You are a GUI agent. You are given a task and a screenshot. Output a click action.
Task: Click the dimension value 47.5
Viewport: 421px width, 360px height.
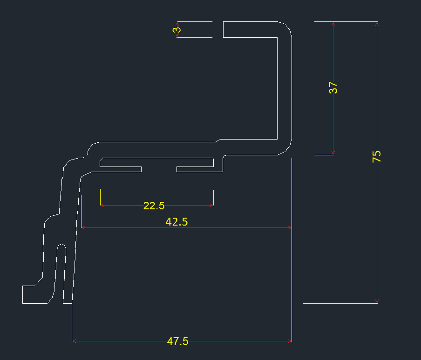(x=177, y=341)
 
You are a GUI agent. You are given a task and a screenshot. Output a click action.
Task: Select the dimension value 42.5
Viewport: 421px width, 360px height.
(x=177, y=222)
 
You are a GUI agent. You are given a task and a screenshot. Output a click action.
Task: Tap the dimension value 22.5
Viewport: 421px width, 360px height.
(x=154, y=206)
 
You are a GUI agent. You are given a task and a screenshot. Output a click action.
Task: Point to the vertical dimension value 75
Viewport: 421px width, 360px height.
(x=377, y=156)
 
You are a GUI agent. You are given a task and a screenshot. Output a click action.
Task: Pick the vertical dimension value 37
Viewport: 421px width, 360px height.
(x=333, y=88)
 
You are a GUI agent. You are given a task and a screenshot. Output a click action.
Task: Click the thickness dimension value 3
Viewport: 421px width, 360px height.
(x=177, y=30)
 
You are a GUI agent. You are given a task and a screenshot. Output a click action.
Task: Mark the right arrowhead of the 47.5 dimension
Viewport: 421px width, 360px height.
(x=290, y=341)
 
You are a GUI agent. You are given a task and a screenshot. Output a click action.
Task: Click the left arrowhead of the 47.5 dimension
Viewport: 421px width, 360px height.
(x=75, y=341)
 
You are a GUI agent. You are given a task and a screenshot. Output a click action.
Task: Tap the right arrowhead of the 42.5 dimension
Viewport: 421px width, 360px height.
(x=289, y=227)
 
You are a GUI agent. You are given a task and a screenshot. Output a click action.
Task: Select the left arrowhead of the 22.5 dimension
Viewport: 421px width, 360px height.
(x=102, y=205)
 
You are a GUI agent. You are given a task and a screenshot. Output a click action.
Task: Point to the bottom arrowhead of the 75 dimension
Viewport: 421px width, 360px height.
(x=377, y=301)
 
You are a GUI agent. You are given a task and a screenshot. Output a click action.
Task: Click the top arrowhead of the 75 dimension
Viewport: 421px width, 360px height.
(x=377, y=24)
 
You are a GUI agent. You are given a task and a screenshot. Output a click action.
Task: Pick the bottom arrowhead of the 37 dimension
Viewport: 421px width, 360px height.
(x=333, y=153)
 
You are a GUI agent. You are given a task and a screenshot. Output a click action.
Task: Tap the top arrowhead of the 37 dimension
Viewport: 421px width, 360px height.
(x=333, y=24)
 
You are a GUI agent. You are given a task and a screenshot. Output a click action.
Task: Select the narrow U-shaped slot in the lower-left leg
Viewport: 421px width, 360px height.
(x=61, y=270)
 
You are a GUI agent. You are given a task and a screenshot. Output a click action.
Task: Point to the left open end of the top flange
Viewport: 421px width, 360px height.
(x=224, y=29)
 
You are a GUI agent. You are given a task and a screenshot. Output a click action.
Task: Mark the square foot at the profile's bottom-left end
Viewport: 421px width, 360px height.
(x=28, y=294)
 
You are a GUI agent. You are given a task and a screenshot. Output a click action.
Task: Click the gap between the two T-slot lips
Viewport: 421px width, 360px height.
(x=159, y=169)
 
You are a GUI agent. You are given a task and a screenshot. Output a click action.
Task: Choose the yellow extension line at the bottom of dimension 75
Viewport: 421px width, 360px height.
(x=340, y=303)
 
